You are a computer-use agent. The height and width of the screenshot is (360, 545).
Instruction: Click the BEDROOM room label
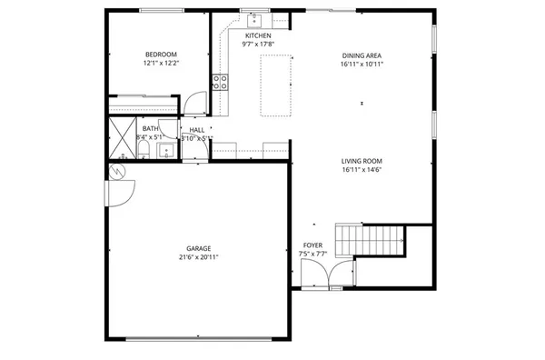161,54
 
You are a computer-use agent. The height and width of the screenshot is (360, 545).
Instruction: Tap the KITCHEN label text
257,35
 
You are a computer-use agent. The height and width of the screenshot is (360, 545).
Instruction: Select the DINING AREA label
362,54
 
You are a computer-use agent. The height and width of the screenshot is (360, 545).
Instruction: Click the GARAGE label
199,248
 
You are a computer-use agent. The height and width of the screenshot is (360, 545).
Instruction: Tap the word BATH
149,128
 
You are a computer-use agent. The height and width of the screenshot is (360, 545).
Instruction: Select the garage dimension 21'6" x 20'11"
199,257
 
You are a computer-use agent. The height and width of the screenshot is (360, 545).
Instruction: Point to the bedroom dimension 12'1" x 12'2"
161,64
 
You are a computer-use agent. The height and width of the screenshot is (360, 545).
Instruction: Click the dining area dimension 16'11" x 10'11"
362,64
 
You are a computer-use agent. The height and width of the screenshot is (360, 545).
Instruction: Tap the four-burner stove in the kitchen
220,84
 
